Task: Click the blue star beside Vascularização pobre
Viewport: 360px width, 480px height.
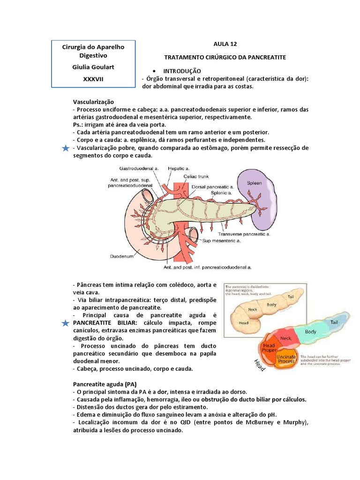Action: point(66,149)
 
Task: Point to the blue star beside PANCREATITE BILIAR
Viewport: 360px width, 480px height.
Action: point(66,323)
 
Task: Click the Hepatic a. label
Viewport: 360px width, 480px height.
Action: point(179,168)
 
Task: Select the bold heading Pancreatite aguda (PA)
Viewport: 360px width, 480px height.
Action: point(103,384)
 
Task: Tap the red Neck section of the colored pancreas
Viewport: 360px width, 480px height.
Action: point(285,337)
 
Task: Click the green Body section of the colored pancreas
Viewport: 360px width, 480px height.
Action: point(311,332)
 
